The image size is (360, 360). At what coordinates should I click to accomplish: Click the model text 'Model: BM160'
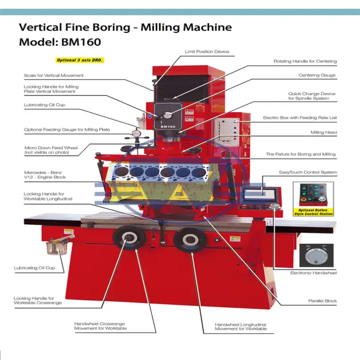[x=60, y=42]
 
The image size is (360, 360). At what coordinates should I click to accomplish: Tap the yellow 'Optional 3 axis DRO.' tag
[x=80, y=60]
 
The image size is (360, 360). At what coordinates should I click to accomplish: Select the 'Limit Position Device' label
[x=207, y=51]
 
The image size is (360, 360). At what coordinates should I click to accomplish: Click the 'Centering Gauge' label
[x=317, y=75]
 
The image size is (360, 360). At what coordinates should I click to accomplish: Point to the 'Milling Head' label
[x=323, y=132]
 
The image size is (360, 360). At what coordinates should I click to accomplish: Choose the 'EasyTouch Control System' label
[x=308, y=172]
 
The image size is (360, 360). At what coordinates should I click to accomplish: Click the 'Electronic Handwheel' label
[x=313, y=273]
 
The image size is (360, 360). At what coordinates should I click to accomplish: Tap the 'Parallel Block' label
[x=322, y=301]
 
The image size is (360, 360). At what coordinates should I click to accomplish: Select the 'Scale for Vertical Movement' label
[x=53, y=76]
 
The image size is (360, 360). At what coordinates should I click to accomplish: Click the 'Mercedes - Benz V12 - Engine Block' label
[x=45, y=174]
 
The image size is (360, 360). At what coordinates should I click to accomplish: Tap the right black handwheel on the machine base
[x=188, y=238]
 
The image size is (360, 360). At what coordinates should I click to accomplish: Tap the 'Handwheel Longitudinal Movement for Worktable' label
[x=241, y=327]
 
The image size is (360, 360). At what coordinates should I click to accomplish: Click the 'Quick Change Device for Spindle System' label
[x=312, y=96]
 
